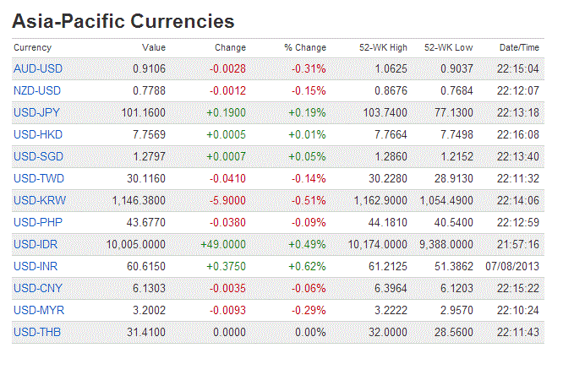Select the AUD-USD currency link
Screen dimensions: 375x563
pyautogui.click(x=38, y=68)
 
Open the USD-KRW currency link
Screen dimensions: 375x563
pyautogui.click(x=40, y=200)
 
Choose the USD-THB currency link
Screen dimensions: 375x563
pyautogui.click(x=38, y=332)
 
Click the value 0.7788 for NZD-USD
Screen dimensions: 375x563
pyautogui.click(x=149, y=90)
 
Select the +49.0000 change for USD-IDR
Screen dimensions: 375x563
pyautogui.click(x=223, y=244)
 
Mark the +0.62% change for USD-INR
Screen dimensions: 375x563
pyautogui.click(x=307, y=266)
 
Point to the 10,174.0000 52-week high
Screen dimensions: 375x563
pyautogui.click(x=376, y=244)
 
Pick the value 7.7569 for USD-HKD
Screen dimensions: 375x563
pyautogui.click(x=149, y=134)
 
